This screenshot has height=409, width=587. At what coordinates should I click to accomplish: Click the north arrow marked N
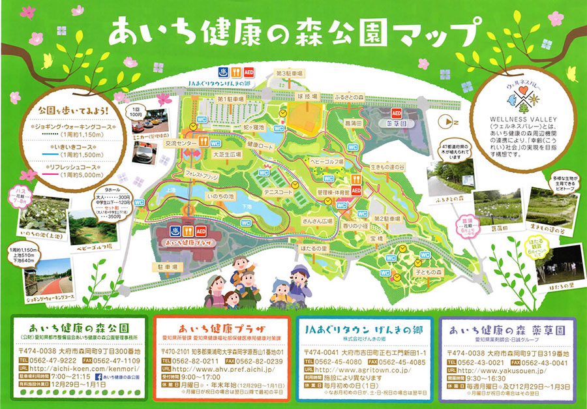445,121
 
